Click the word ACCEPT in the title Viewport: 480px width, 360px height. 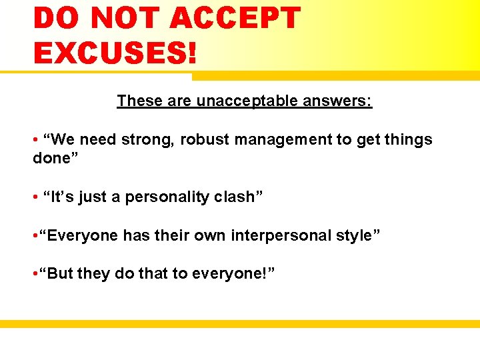pyautogui.click(x=235, y=18)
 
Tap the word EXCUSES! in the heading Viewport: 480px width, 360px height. pyautogui.click(x=115, y=52)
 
